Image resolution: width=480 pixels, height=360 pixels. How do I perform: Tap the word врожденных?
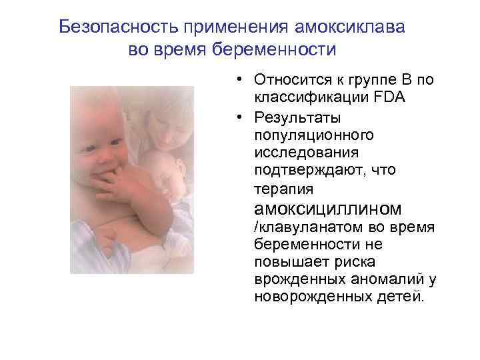295,279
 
